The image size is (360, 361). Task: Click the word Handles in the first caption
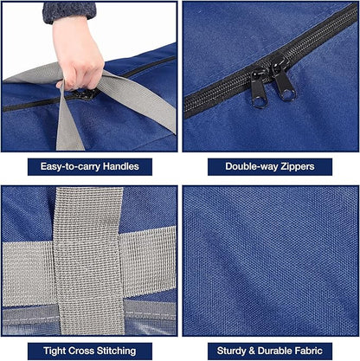coord(121,166)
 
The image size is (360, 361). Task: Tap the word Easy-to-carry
coord(71,167)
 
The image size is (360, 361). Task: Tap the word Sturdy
coord(231,351)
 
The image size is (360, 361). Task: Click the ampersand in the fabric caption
coord(252,351)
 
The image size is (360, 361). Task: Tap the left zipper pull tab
coord(258,90)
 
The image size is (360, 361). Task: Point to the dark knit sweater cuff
coord(69,12)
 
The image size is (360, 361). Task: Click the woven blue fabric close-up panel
coord(270,261)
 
